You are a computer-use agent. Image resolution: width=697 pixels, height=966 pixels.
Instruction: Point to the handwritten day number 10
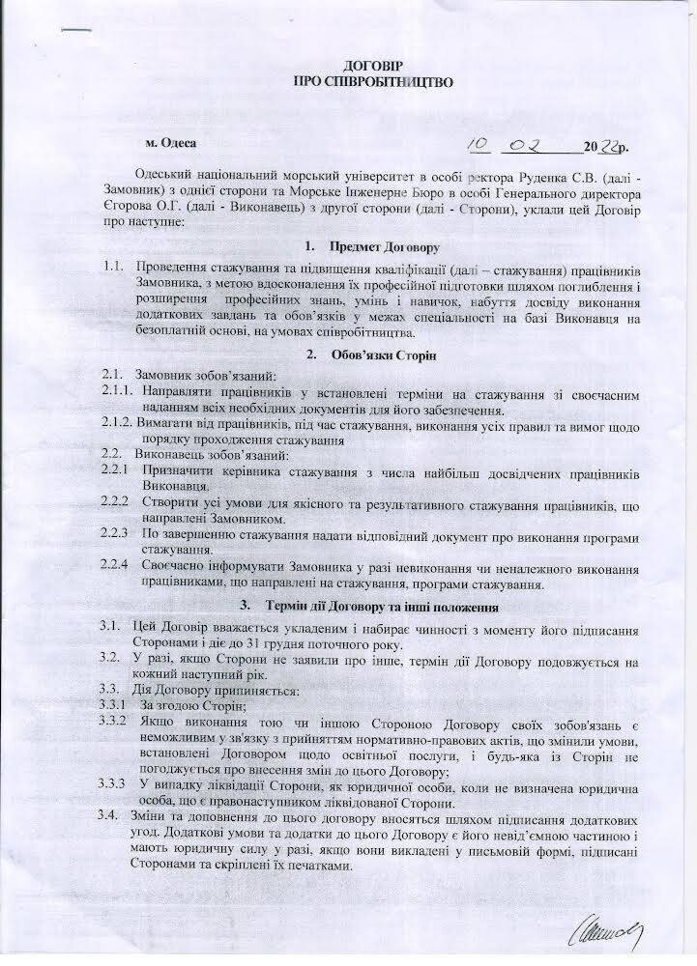[479, 145]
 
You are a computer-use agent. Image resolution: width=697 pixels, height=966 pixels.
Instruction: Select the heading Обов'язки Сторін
[384, 355]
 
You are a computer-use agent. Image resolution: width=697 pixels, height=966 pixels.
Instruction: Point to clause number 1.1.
[114, 267]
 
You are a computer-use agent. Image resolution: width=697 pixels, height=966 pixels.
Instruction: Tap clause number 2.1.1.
[120, 394]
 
